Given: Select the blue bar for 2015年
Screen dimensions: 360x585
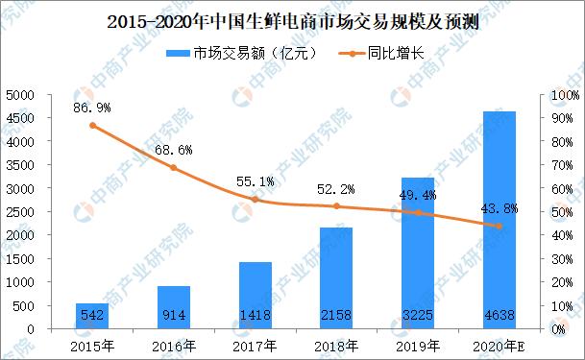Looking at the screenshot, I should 91,316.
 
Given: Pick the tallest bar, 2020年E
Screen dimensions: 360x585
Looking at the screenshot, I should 500,221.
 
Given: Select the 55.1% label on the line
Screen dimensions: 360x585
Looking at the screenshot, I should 255,180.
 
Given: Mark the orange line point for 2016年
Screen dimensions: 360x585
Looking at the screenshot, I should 173,168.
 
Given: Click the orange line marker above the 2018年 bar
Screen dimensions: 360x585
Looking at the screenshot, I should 336,205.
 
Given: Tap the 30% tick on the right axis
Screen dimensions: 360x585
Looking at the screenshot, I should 559,259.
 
